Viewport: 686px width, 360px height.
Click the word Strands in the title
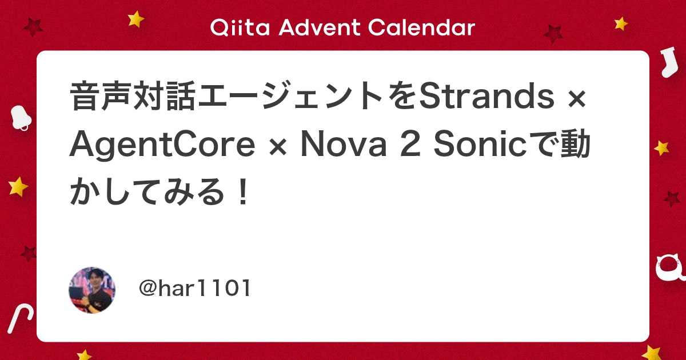486,98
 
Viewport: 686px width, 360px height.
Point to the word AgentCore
162,146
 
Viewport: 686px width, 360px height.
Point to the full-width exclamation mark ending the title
243,194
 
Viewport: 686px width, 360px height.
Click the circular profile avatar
92,290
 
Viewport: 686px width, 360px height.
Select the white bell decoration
21,118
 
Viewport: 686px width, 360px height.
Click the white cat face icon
669,267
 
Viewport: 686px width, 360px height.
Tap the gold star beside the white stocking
621,23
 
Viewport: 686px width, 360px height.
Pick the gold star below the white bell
18,186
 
